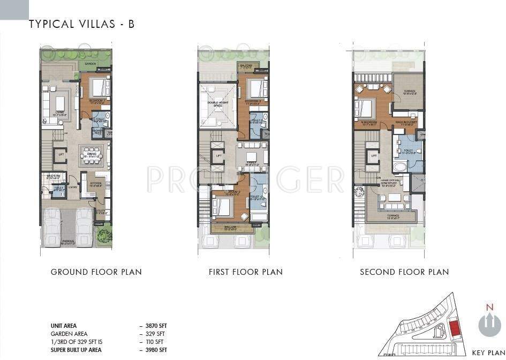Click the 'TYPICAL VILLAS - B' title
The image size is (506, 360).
point(81,24)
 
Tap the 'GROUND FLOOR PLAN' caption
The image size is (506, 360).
point(96,272)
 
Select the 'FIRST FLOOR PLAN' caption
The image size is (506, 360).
point(246,272)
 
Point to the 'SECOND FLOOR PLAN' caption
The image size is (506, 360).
point(404,272)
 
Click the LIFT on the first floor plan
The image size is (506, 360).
point(218,155)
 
